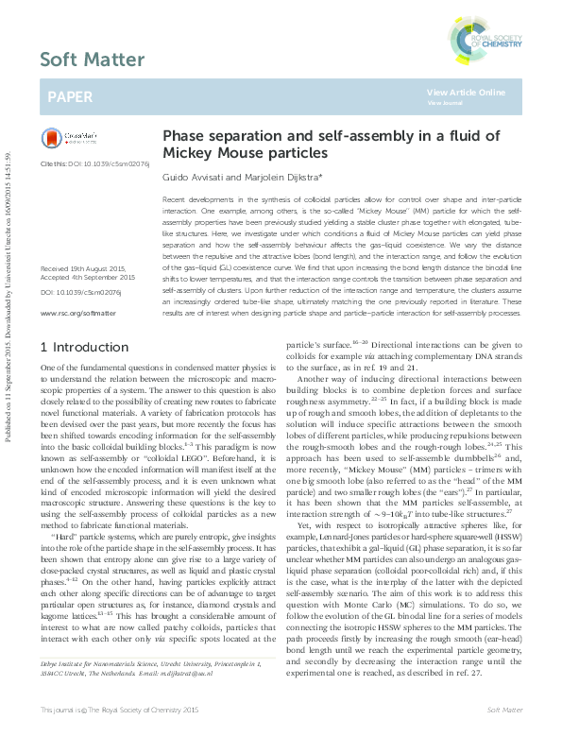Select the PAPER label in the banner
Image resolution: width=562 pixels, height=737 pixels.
coord(70,97)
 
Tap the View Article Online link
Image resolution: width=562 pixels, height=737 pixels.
coord(466,92)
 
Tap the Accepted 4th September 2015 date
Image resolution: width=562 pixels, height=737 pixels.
coord(88,278)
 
